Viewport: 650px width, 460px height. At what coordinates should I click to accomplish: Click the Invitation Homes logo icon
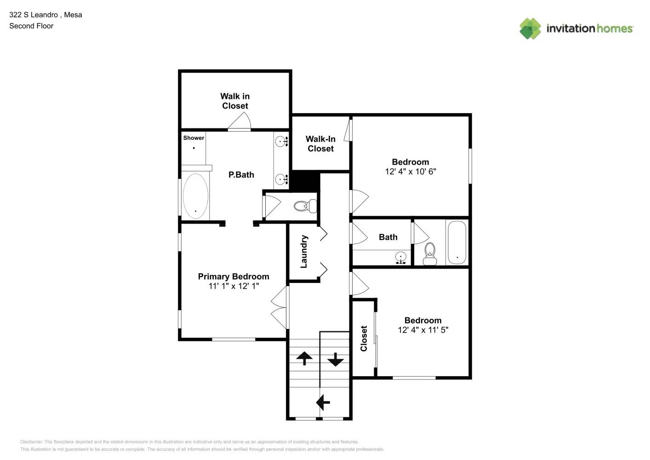click(x=530, y=29)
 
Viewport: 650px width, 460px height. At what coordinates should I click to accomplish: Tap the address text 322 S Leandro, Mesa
click(x=46, y=15)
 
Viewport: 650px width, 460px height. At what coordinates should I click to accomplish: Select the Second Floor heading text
click(x=31, y=26)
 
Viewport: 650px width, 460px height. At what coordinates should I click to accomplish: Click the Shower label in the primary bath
click(x=194, y=138)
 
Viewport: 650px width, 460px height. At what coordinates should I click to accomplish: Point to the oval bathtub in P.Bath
click(x=195, y=196)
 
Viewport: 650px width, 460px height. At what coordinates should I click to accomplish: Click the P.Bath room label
click(x=241, y=175)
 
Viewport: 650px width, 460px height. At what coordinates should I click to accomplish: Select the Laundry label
click(x=303, y=251)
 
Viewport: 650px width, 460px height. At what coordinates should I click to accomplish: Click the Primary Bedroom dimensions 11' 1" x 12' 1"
click(x=234, y=286)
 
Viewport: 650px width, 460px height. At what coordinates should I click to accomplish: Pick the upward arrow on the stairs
click(x=304, y=357)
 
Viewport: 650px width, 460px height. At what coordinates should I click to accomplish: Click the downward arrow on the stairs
click(x=335, y=359)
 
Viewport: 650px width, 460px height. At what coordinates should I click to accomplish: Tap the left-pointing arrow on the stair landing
click(x=323, y=402)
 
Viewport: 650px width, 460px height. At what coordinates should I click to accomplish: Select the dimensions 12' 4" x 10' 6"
click(x=410, y=172)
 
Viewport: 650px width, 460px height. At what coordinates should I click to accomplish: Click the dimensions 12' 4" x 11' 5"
click(x=422, y=330)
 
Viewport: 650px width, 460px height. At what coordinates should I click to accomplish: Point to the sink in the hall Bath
click(x=401, y=258)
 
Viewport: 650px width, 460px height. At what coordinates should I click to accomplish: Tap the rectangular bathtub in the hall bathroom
click(x=456, y=242)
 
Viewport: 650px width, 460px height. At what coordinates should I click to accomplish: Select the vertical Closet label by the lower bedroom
click(x=364, y=339)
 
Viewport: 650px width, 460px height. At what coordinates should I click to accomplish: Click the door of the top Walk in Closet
click(x=239, y=122)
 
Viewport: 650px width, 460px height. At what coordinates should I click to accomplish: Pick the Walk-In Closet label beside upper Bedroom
click(x=320, y=144)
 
